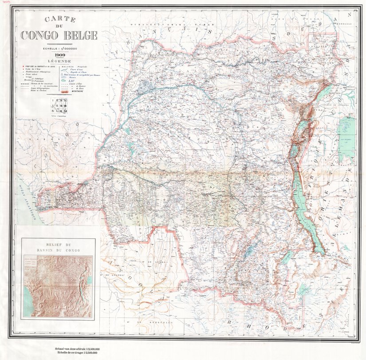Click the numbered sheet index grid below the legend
(x=59, y=107)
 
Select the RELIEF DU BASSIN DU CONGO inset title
(x=59, y=248)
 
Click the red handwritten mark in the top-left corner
(x=6, y=3)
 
